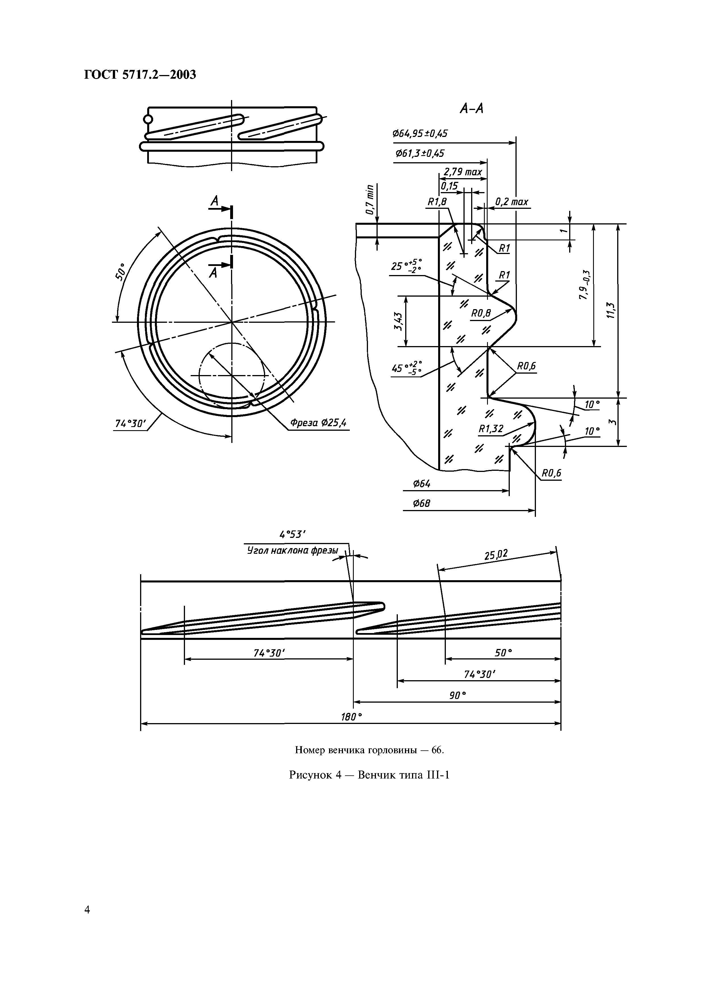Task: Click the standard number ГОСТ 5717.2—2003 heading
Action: (140, 75)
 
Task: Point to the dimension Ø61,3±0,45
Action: (420, 154)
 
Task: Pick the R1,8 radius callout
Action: (437, 202)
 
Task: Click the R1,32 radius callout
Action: (491, 429)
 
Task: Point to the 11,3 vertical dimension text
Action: (611, 311)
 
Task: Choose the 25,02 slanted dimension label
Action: (496, 555)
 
